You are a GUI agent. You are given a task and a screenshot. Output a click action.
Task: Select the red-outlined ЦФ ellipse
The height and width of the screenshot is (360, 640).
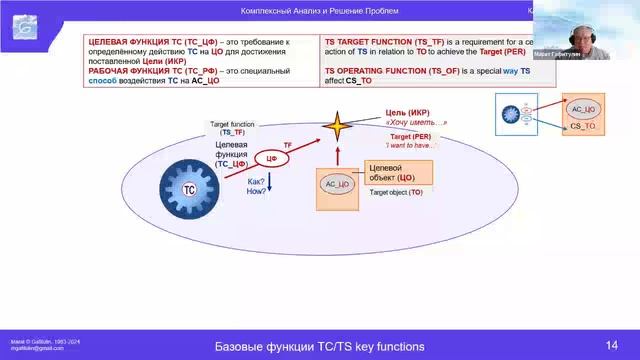267,158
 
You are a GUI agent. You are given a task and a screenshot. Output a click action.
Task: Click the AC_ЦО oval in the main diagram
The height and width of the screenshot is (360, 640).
337,183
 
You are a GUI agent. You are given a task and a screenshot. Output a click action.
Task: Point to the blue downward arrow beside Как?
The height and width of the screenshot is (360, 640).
269,184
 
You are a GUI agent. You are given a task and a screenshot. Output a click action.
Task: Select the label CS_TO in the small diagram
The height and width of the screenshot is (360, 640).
583,127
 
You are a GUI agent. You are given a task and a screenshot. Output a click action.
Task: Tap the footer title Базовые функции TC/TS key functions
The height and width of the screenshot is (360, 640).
320,346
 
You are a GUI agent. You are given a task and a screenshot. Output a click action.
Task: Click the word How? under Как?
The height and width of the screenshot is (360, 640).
256,190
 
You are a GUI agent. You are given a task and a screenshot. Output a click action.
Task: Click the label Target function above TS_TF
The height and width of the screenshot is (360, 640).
233,124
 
